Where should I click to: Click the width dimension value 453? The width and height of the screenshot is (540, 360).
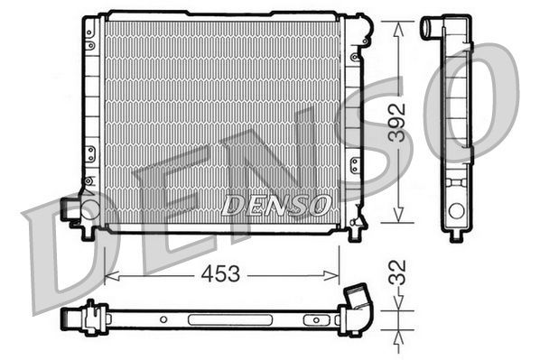click(x=221, y=274)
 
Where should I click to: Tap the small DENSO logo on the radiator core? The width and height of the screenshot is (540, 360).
click(x=275, y=205)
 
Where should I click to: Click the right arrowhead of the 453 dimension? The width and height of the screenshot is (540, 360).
click(x=335, y=273)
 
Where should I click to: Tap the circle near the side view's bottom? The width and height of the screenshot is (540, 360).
click(x=456, y=210)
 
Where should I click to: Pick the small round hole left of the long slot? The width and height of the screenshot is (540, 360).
click(x=163, y=318)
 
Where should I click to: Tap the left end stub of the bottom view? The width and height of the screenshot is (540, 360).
click(x=70, y=317)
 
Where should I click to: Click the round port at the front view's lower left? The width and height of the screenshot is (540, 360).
click(x=89, y=210)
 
